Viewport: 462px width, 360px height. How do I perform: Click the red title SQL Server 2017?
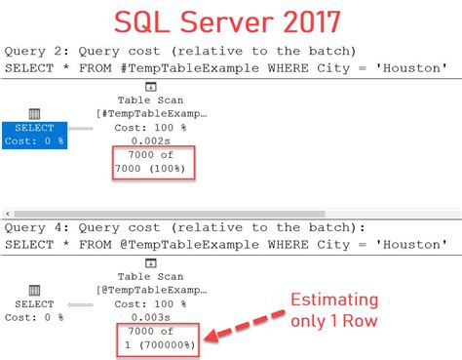(x=231, y=21)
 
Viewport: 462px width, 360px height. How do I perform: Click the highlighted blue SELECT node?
(x=34, y=135)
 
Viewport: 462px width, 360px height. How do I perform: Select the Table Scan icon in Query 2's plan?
(x=152, y=87)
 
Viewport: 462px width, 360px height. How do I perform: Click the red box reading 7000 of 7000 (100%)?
(x=152, y=162)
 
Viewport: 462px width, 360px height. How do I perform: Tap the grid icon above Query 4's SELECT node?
(x=34, y=290)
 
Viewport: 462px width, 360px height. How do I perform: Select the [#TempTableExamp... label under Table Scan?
(x=152, y=114)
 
